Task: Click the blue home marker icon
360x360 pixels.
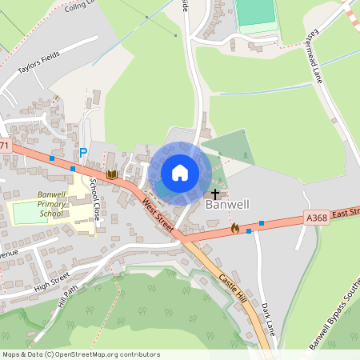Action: click(x=180, y=173)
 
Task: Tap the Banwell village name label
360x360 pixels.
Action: click(x=227, y=205)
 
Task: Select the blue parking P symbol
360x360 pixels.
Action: click(x=82, y=153)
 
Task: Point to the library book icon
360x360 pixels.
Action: click(x=112, y=174)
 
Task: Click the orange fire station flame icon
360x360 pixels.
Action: click(x=234, y=229)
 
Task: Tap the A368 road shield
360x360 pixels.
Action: click(x=316, y=217)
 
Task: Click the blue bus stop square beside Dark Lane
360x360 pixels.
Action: click(x=262, y=223)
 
